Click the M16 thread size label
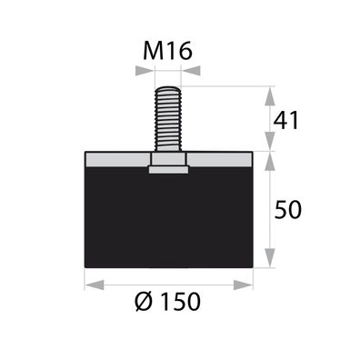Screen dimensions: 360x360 coord(169,52)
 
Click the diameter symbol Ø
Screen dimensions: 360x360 coord(143,299)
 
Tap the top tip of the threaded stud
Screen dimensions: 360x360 coord(169,88)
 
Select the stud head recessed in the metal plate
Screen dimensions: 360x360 coord(169,165)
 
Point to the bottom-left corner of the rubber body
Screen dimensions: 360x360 coord(85,267)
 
